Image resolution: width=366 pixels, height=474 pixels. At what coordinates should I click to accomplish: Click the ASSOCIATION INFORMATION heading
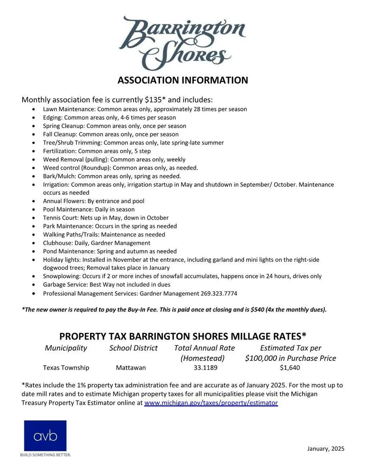183,80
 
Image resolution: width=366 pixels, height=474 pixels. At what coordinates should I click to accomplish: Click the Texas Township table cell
66,367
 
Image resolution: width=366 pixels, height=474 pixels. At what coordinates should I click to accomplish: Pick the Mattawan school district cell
131,367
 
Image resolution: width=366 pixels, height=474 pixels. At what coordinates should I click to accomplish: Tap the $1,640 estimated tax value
290,367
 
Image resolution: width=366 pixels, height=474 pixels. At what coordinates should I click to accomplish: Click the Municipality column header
66,348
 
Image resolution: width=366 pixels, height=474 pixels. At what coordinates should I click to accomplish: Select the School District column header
134,348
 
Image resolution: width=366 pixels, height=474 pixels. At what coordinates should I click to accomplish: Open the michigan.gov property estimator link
211,403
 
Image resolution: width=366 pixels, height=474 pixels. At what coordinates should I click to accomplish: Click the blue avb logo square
45,436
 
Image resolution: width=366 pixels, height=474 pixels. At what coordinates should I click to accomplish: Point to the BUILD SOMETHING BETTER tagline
46,455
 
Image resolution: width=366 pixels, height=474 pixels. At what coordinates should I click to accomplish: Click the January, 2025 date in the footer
326,448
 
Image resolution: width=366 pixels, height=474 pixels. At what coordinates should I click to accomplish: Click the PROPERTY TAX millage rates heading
183,336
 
